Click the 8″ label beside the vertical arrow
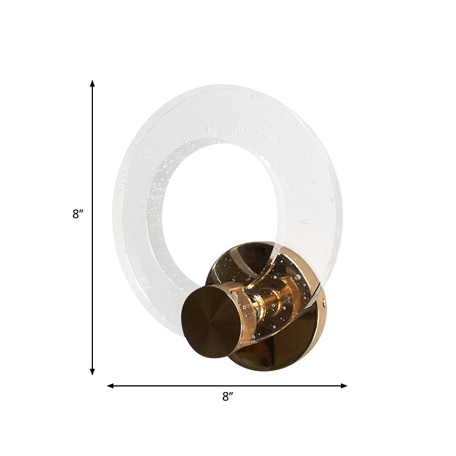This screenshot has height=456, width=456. (78, 214)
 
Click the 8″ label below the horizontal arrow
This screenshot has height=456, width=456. (228, 396)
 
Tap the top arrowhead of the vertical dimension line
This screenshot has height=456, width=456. (92, 84)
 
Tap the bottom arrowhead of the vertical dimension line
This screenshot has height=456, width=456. (92, 372)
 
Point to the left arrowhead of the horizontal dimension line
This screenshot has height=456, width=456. (111, 386)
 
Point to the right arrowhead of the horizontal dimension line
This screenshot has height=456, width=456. (344, 386)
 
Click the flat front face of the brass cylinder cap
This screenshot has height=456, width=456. (209, 321)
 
